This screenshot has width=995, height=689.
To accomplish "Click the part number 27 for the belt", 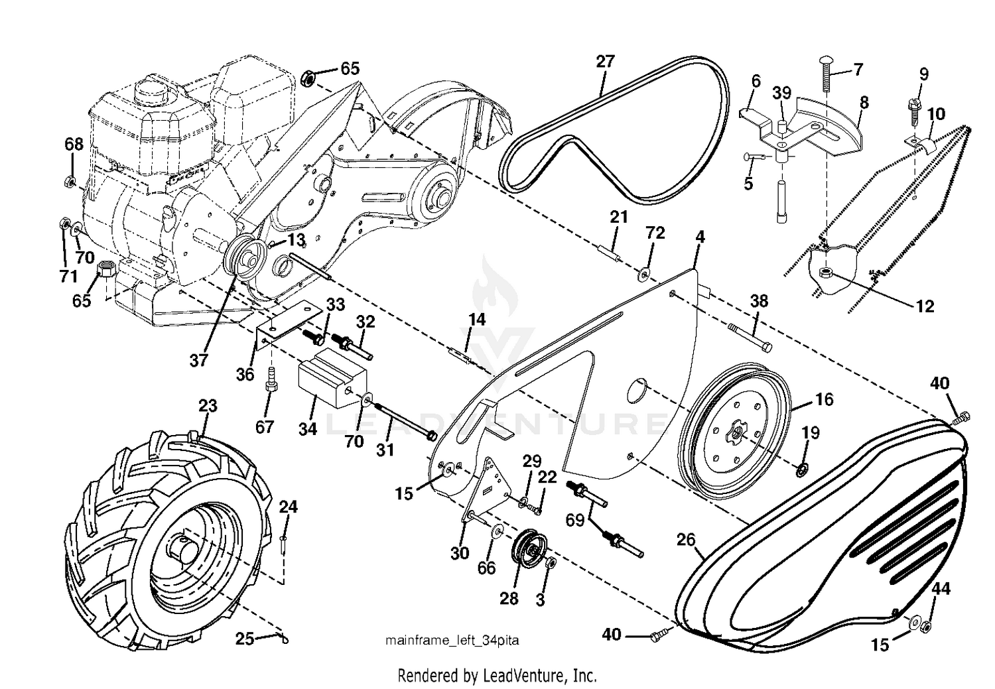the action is (x=604, y=61).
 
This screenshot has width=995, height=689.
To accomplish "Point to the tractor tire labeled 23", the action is (x=166, y=539).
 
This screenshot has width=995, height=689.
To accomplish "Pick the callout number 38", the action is (x=759, y=301).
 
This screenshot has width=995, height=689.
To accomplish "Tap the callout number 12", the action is (x=925, y=306).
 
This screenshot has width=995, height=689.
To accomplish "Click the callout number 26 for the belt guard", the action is (x=686, y=540).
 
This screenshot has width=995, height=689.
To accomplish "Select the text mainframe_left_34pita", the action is (x=452, y=641).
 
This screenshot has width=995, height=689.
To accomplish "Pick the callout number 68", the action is (x=74, y=145).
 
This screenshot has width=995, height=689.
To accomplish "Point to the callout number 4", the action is (x=700, y=237).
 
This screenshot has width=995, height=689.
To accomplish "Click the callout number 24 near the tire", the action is (x=288, y=507).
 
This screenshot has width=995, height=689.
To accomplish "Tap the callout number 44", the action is (x=941, y=589).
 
